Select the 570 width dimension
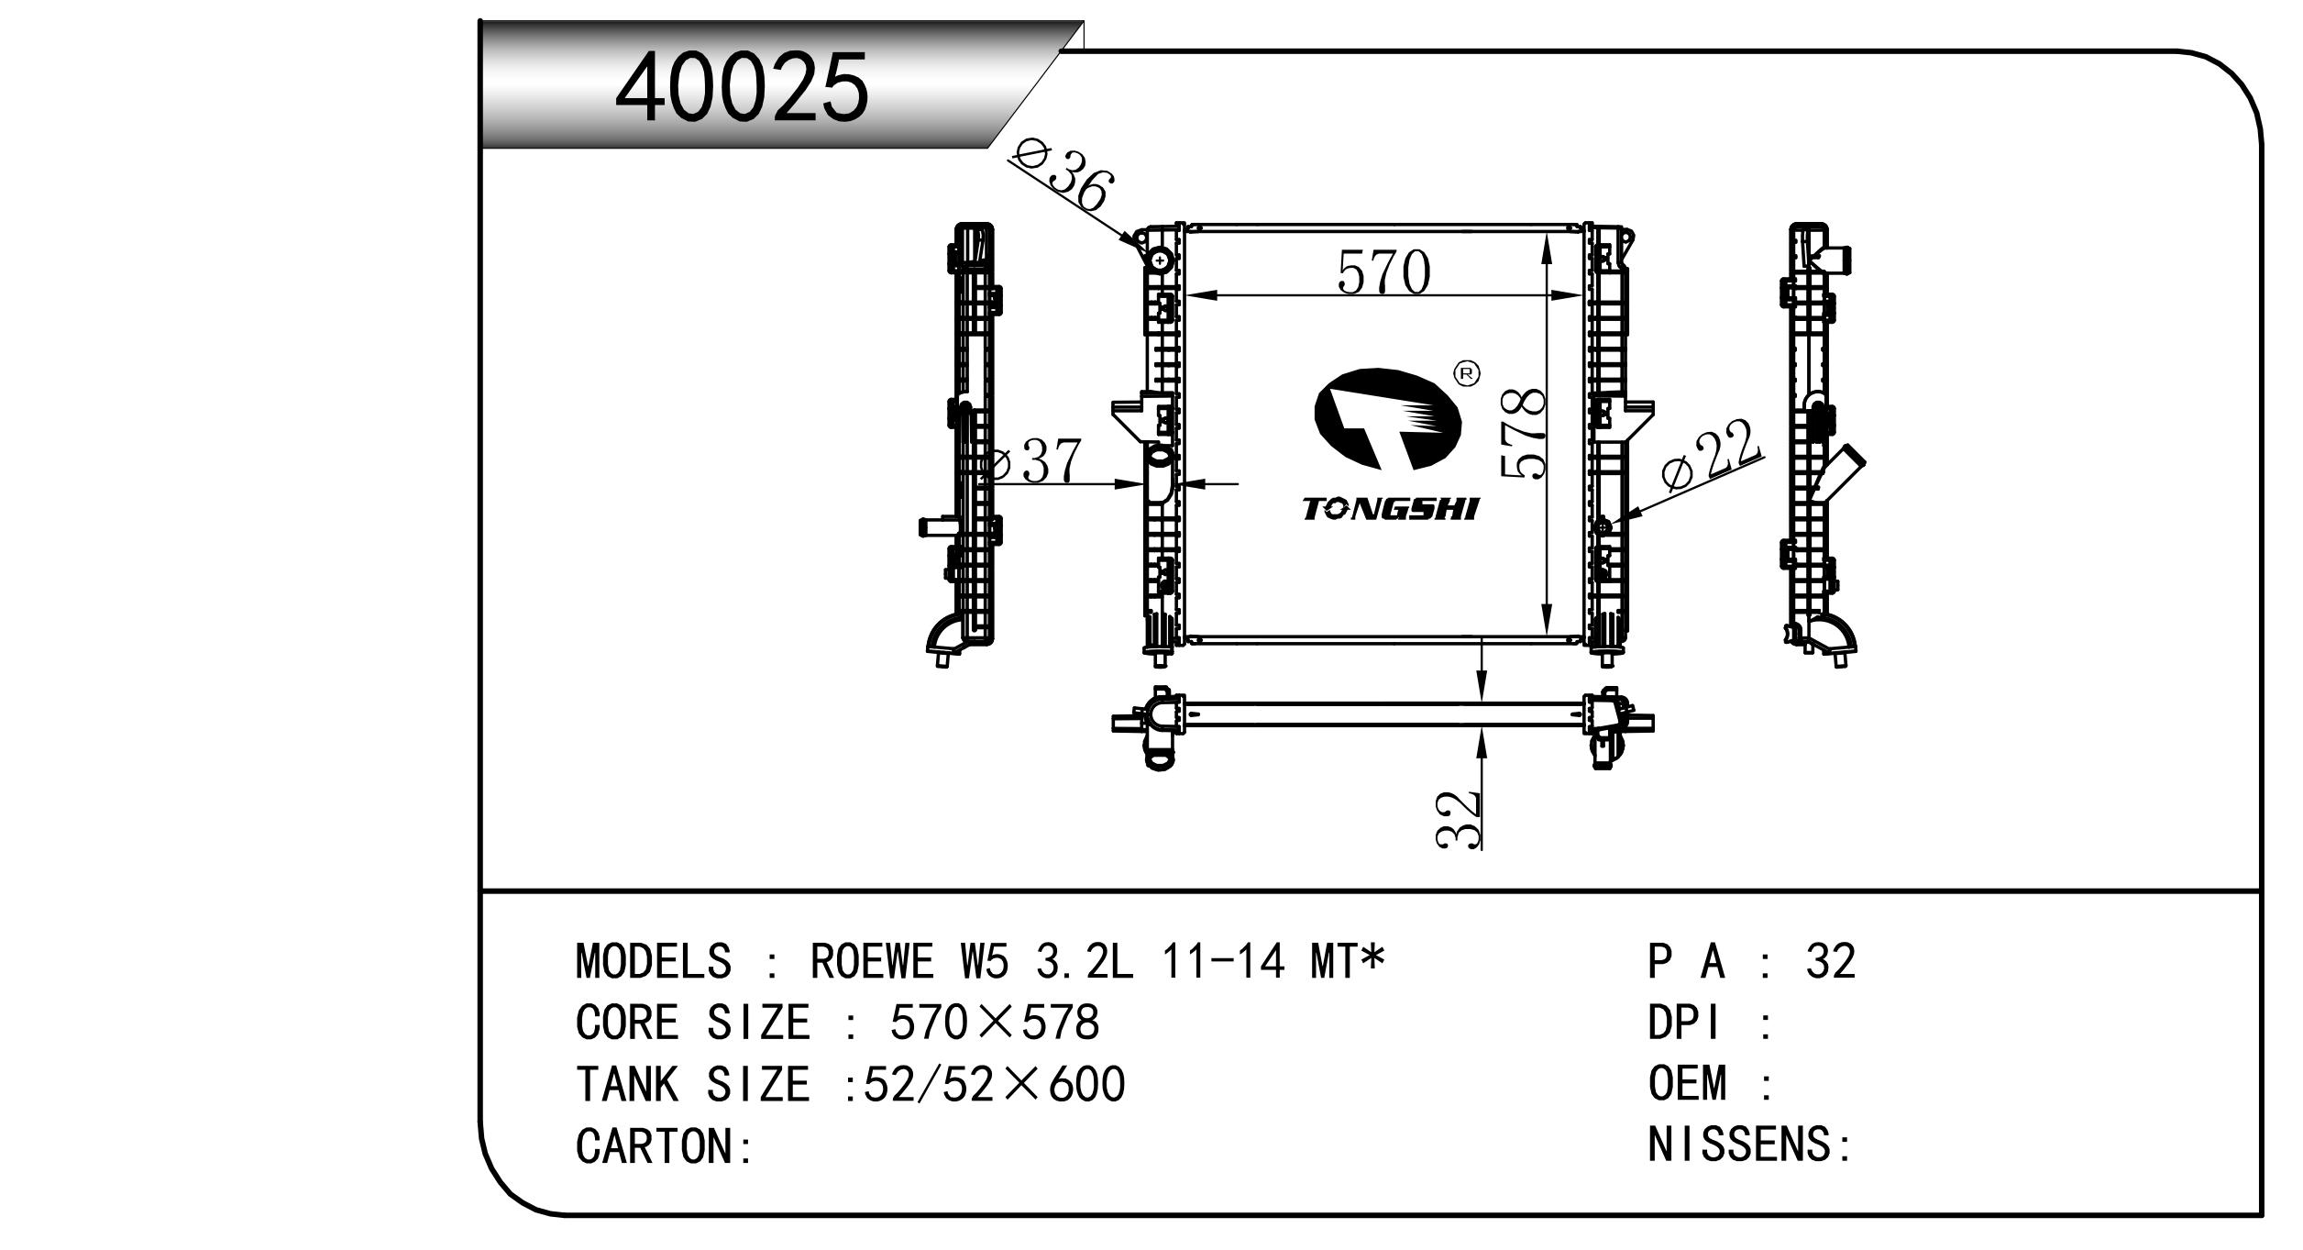(x=1383, y=272)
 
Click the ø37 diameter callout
(x=1031, y=462)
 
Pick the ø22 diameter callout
(x=1711, y=458)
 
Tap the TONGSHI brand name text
(x=1391, y=509)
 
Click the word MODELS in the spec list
(x=654, y=961)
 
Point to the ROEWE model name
(x=872, y=961)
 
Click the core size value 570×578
(x=994, y=1023)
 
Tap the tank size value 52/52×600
(x=994, y=1084)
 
